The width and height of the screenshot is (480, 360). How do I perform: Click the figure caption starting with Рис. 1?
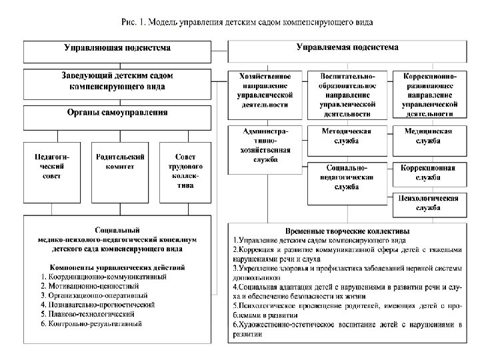[247, 22]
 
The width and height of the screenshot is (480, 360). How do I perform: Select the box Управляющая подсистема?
[117, 49]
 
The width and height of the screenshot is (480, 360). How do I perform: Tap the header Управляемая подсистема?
[347, 48]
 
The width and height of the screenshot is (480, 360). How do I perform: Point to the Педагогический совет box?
[52, 167]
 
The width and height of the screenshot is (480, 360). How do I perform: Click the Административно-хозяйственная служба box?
[265, 146]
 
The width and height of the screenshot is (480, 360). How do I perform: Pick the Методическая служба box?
[347, 137]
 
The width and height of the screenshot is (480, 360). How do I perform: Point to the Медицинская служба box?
[428, 137]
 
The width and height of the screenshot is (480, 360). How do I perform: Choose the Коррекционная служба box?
[428, 173]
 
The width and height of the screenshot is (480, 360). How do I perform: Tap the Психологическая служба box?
[428, 203]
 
